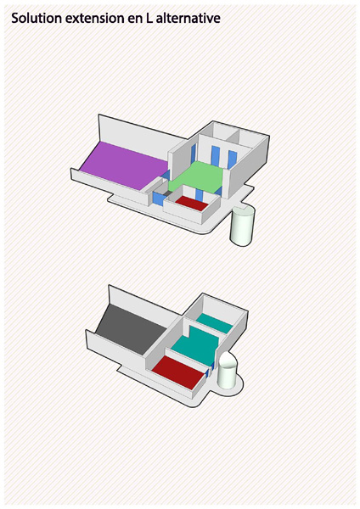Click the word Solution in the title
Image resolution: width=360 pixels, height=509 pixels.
[37, 18]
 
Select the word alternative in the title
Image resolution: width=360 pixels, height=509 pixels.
[188, 18]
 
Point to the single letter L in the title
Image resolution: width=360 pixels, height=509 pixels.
[149, 18]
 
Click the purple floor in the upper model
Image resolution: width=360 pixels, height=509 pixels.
[125, 165]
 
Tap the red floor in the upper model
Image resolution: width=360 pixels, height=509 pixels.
[192, 204]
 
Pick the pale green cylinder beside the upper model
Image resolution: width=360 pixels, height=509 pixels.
[242, 226]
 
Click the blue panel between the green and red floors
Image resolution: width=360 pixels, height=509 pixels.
[200, 194]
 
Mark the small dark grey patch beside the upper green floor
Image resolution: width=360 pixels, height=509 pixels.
[167, 193]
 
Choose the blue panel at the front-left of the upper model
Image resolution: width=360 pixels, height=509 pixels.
[158, 199]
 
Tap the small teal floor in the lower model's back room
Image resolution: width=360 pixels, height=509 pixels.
[215, 322]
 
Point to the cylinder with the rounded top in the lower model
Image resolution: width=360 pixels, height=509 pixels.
[227, 370]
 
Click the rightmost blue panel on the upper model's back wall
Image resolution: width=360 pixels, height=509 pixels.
[233, 159]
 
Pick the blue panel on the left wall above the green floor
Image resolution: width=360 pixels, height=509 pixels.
[194, 154]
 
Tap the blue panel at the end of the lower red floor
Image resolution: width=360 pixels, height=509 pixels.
[207, 373]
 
